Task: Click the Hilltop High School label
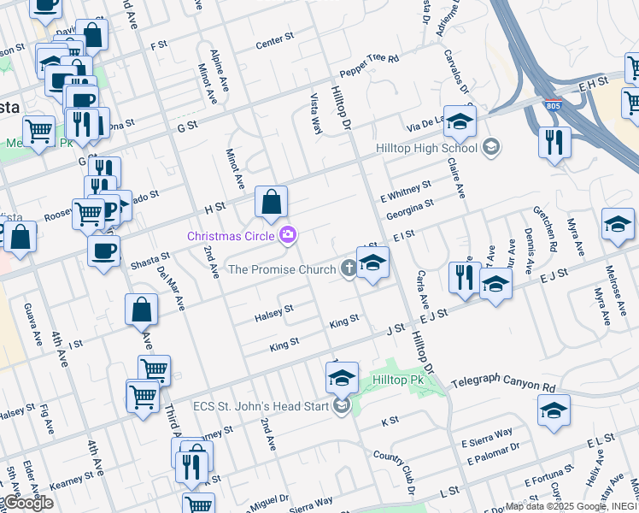tap(426, 148)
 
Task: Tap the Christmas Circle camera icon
tap(289, 234)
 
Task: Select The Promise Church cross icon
tap(349, 269)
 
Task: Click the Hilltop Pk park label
tap(398, 379)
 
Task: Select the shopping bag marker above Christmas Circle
tap(271, 203)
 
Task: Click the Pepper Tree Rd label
tap(369, 59)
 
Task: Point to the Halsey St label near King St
tap(274, 314)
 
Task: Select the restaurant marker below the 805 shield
tap(554, 142)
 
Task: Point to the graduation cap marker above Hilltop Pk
tap(342, 376)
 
